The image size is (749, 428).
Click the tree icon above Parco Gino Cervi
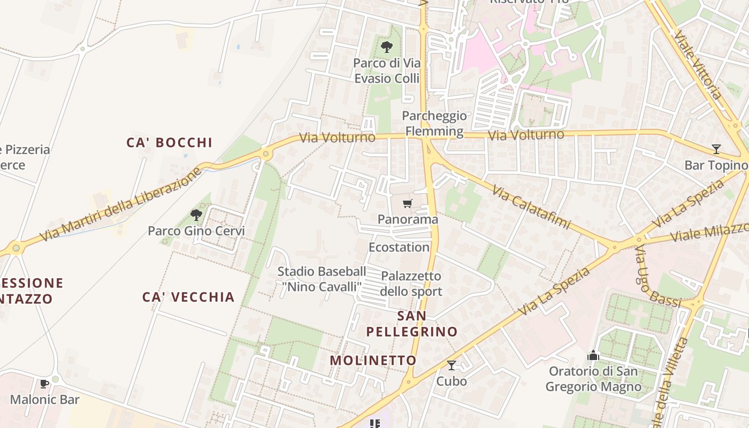click(196, 215)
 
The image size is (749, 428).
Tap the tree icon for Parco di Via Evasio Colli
click(386, 47)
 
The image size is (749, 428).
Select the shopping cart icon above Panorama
click(408, 203)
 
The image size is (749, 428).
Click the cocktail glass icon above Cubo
click(452, 365)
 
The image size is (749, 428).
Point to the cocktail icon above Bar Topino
click(716, 149)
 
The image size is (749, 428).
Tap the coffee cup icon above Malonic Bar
click(44, 384)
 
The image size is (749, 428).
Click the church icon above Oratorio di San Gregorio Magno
click(593, 355)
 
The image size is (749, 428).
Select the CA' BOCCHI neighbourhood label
click(170, 143)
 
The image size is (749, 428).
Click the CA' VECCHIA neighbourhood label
click(188, 297)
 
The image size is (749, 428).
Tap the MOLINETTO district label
click(373, 361)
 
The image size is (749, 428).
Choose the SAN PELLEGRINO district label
click(412, 324)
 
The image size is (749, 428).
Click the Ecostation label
click(399, 247)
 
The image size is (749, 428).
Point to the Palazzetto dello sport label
click(411, 284)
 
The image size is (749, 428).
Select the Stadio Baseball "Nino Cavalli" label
click(322, 279)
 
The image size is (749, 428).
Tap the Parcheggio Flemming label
click(434, 124)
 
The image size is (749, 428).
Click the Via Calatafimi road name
click(531, 207)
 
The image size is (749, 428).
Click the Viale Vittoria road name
click(698, 64)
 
